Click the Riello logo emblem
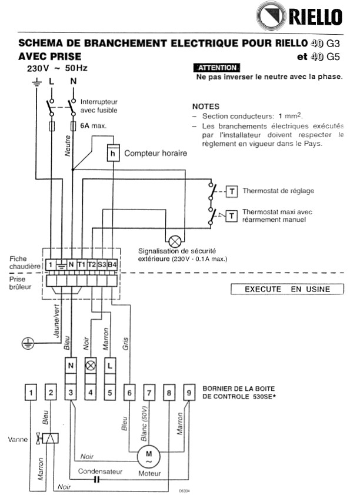271,16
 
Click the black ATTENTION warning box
216,68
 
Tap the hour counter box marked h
113,153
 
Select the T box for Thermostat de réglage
232,191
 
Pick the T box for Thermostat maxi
232,216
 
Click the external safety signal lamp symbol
175,241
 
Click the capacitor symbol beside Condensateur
97,479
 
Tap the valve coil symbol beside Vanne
51,439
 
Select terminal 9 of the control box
189,392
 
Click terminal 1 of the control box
31,392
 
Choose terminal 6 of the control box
129,392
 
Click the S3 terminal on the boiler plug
102,264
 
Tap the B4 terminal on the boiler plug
112,264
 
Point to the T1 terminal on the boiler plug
81,264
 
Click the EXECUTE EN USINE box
287,289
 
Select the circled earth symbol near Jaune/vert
28,343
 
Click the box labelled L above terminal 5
110,366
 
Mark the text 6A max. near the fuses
93,125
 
